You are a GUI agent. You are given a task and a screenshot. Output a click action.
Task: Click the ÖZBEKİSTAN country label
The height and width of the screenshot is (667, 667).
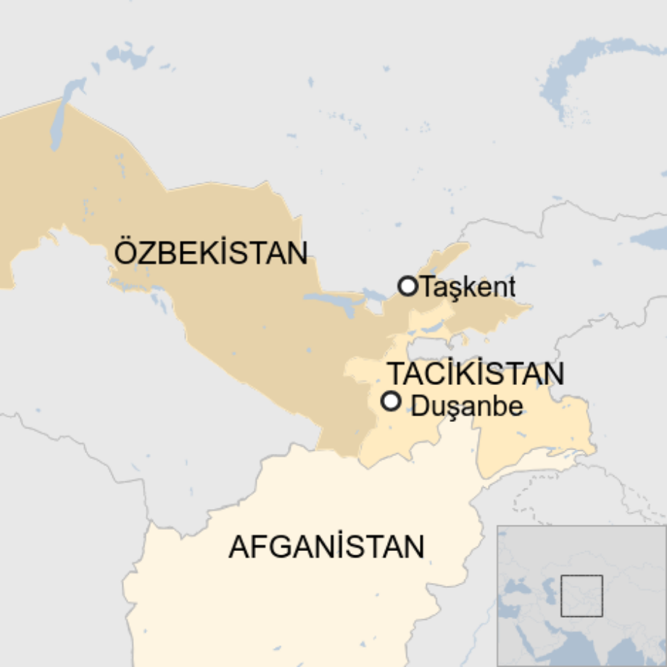211,253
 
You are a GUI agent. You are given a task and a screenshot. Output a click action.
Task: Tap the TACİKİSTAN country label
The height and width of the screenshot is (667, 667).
476,373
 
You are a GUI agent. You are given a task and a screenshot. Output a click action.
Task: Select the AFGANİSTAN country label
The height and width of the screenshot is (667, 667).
326,547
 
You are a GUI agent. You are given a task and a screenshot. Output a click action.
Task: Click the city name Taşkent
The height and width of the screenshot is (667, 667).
468,288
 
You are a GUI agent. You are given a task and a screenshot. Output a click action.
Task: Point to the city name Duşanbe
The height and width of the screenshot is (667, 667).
467,407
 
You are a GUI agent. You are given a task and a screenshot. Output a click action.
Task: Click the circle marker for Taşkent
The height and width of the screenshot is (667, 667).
408,286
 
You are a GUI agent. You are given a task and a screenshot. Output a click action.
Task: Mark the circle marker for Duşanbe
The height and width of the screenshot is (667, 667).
391,401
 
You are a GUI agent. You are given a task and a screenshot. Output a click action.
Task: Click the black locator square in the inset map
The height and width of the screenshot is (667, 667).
581,596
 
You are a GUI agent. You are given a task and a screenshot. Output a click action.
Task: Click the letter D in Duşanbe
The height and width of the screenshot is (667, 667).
420,407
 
